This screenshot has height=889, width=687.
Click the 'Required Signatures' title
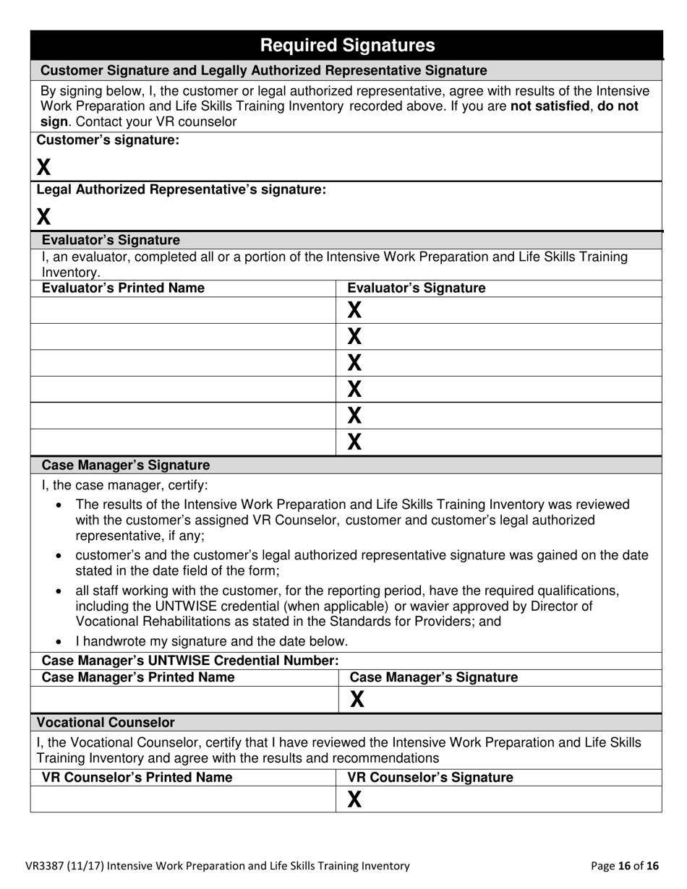click(347, 46)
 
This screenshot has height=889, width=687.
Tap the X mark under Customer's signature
click(44, 168)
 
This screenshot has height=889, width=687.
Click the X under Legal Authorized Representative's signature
click(44, 216)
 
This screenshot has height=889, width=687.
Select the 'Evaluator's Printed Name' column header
click(123, 288)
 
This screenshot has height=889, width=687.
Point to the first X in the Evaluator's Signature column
click(354, 311)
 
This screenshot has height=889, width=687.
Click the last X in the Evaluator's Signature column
click(354, 442)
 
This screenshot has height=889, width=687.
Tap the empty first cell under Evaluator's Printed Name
click(183, 311)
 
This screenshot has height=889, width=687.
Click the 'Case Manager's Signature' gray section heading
click(126, 465)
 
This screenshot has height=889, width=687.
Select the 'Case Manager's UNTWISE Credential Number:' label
click(190, 661)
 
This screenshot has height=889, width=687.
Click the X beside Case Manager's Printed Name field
click(357, 699)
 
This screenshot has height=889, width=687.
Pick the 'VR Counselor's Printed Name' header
click(137, 778)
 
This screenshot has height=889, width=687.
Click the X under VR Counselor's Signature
click(354, 799)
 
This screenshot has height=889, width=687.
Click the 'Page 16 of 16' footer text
click(625, 865)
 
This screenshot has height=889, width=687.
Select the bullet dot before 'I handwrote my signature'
click(59, 642)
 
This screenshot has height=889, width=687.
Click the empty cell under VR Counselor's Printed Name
click(183, 799)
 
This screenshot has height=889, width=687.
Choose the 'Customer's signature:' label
click(108, 140)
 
